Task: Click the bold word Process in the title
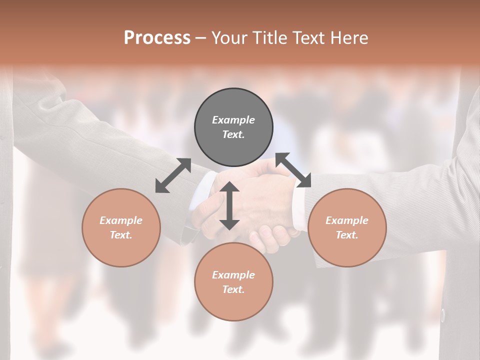click(157, 38)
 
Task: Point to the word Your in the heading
click(229, 38)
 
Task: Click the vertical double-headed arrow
click(229, 205)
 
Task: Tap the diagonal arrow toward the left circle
click(173, 175)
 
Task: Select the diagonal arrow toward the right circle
click(293, 170)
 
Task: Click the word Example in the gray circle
click(233, 120)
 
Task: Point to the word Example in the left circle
click(121, 220)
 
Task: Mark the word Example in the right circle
click(347, 220)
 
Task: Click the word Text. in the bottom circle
click(233, 289)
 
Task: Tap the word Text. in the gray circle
click(233, 134)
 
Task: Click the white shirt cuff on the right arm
click(298, 210)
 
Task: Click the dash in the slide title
click(200, 38)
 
